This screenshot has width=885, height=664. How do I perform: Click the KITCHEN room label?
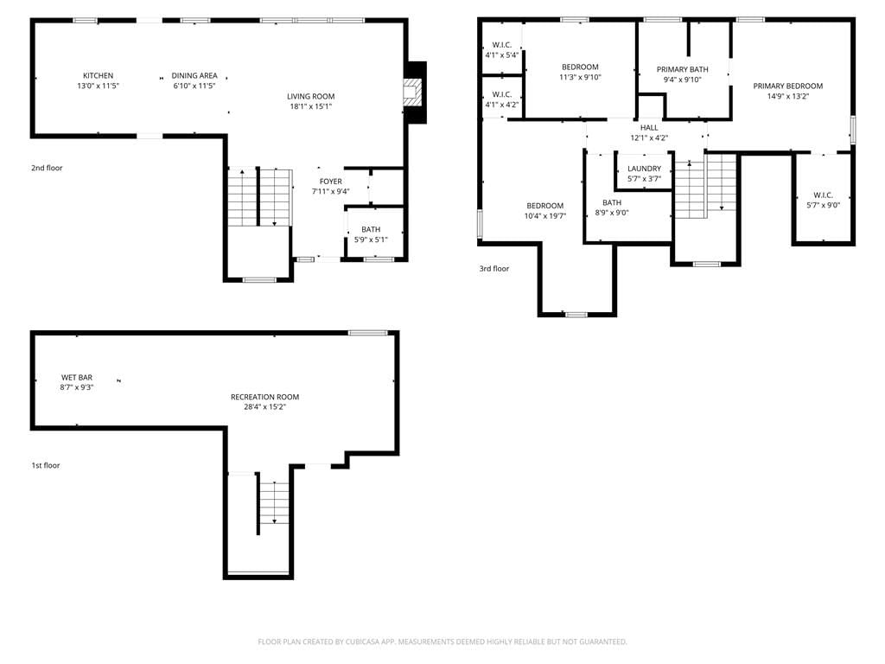tap(99, 76)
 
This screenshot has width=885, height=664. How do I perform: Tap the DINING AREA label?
tap(194, 76)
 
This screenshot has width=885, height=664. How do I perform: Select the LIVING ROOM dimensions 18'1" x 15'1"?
tap(310, 106)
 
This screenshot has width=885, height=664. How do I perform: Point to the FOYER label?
tap(331, 182)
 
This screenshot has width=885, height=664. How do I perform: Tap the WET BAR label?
tap(77, 377)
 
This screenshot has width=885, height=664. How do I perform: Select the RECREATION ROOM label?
tap(264, 397)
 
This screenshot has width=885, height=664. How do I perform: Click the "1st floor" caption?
tap(46, 465)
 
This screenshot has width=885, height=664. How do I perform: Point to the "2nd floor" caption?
tap(47, 168)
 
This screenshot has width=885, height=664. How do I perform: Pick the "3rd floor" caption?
tap(493, 269)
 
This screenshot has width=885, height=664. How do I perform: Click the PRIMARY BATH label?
tap(683, 69)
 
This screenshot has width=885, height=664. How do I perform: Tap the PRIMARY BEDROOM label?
tap(788, 86)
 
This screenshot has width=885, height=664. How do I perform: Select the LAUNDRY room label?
tap(644, 169)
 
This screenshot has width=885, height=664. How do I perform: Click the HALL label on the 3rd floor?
tap(649, 128)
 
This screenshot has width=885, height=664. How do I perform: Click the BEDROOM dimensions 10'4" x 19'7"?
tap(545, 215)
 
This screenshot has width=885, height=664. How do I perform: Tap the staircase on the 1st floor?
tap(274, 501)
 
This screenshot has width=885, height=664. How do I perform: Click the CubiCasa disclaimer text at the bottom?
tap(442, 642)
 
